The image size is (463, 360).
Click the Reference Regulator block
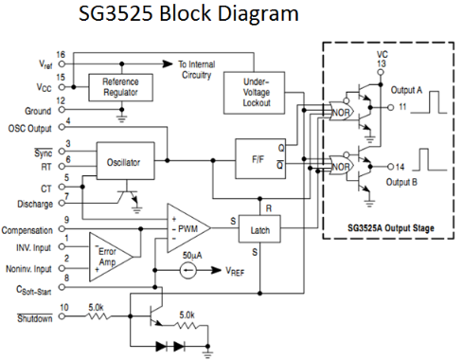(119, 87)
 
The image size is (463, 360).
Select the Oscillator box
(119, 164)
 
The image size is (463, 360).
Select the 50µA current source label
(194, 257)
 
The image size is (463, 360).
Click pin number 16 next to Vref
(62, 56)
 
